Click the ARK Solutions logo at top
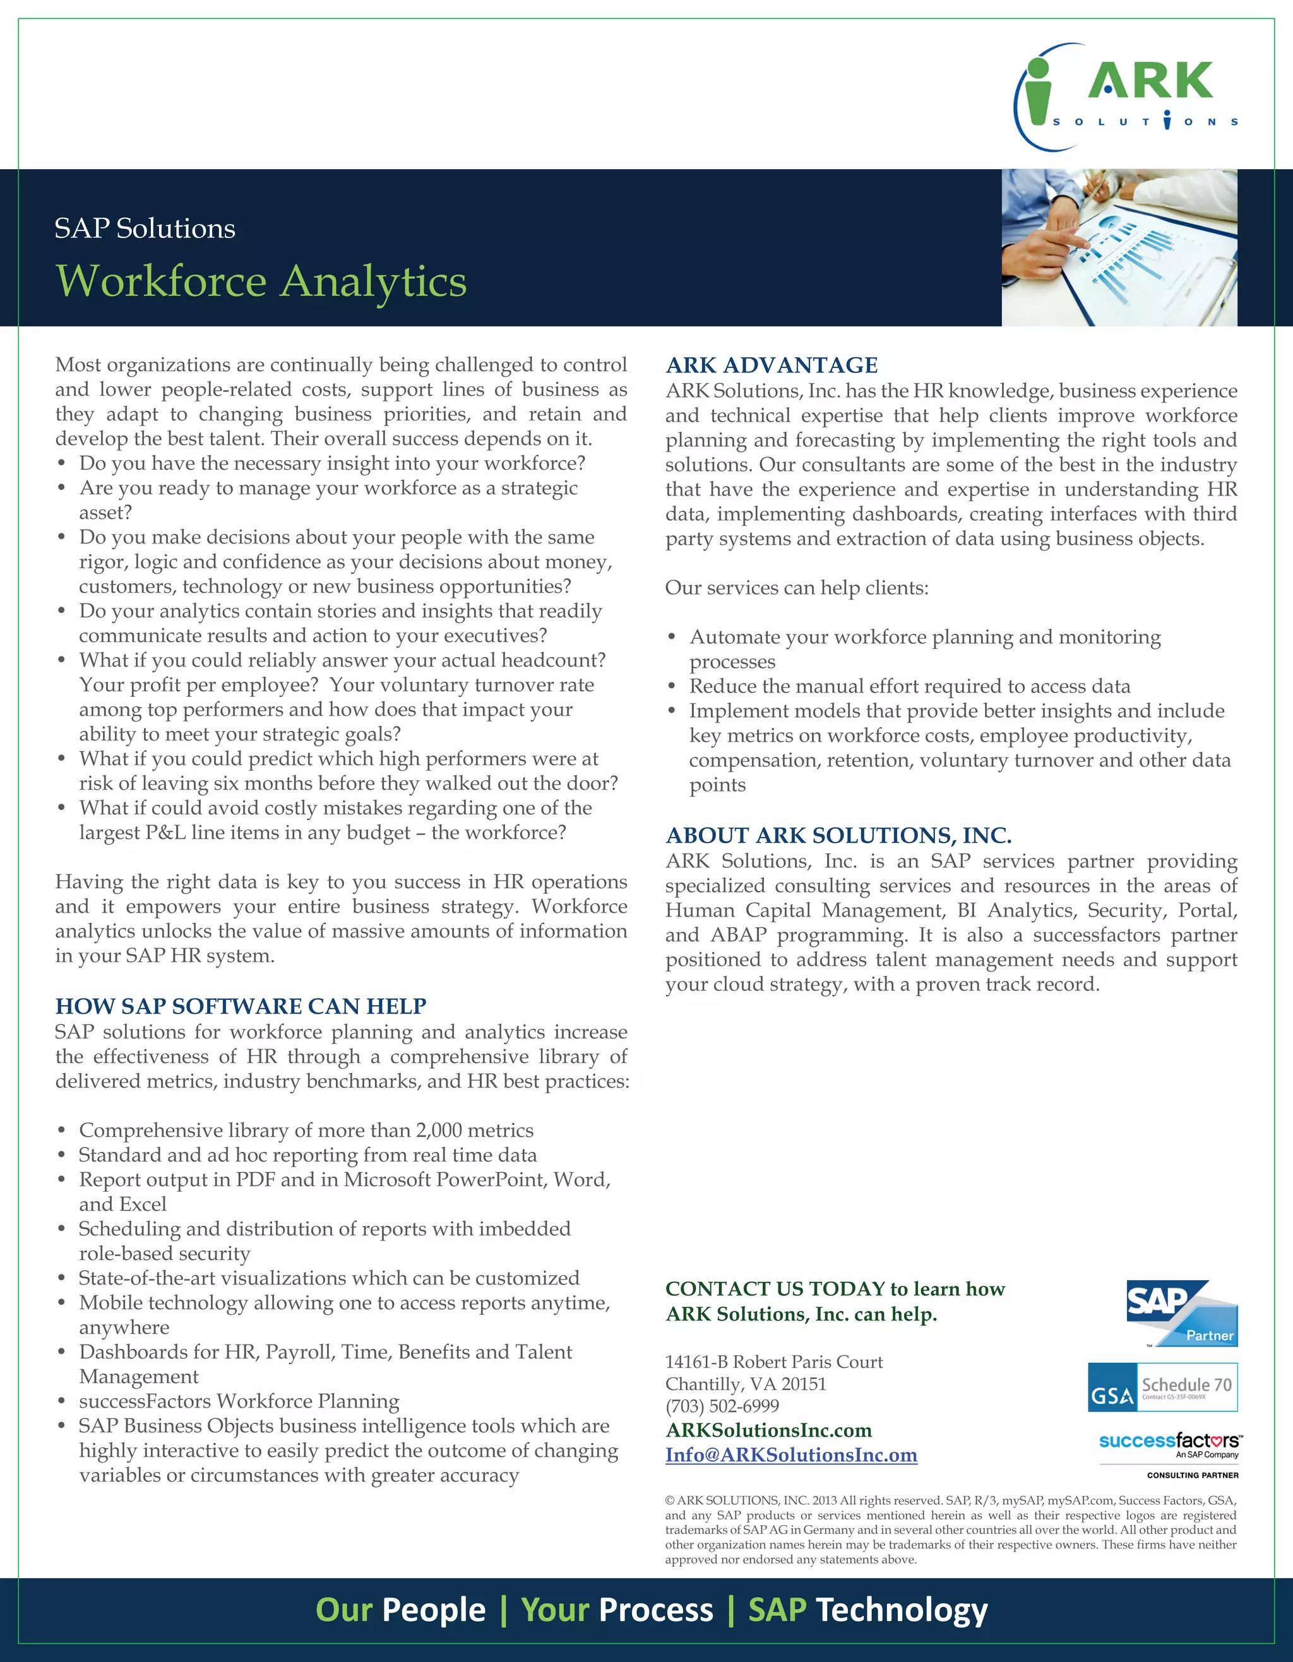click(1126, 97)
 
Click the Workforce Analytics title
click(261, 282)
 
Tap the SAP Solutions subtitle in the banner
click(145, 229)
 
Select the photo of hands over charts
click(1119, 248)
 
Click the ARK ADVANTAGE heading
click(772, 365)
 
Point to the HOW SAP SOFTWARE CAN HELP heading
click(241, 1006)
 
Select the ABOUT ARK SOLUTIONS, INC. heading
click(838, 836)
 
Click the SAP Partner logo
click(1182, 1314)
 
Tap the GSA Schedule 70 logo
click(1162, 1387)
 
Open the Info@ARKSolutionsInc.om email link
click(790, 1455)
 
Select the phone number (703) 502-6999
click(722, 1406)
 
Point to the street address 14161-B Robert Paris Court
click(774, 1362)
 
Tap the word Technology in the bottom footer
click(902, 1610)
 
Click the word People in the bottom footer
click(433, 1610)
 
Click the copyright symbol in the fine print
click(670, 1500)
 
